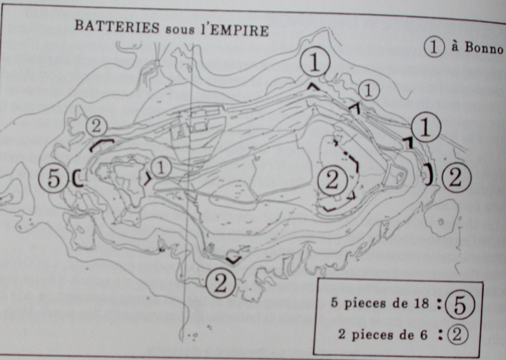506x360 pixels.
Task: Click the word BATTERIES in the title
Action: coord(117,27)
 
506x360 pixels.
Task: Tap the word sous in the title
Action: coord(180,30)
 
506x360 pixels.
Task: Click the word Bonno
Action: coord(484,48)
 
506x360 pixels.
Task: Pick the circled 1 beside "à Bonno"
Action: coord(434,47)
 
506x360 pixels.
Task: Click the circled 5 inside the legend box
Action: coord(460,305)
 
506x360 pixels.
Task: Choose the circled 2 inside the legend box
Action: coord(457,334)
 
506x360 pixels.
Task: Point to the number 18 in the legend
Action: coord(421,303)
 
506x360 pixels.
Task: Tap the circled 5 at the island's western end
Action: coord(53,178)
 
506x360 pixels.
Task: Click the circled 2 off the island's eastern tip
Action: coord(455,178)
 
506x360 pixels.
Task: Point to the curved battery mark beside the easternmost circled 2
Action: coord(430,174)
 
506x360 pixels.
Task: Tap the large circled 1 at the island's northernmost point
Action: coord(315,63)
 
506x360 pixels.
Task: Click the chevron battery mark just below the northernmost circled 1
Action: coord(313,86)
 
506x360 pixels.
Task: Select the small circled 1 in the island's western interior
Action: coord(161,167)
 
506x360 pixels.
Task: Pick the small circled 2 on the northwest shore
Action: coord(96,127)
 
